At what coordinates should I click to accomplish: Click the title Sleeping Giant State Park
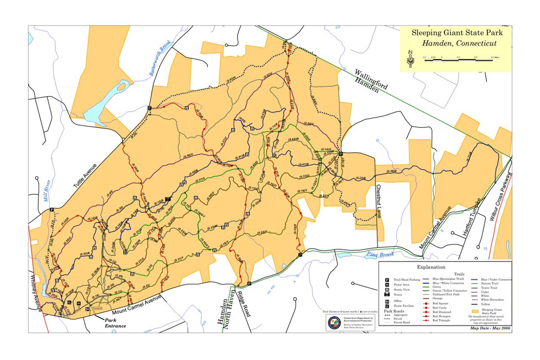pyautogui.click(x=456, y=33)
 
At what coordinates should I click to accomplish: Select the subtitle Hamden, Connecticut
pyautogui.click(x=459, y=44)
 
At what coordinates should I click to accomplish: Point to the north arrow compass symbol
pyautogui.click(x=410, y=59)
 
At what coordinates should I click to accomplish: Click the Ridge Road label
pyautogui.click(x=244, y=304)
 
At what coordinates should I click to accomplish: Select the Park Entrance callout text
pyautogui.click(x=115, y=323)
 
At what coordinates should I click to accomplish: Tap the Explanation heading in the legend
pyautogui.click(x=419, y=267)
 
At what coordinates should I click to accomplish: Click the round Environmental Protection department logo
pyautogui.click(x=334, y=322)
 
